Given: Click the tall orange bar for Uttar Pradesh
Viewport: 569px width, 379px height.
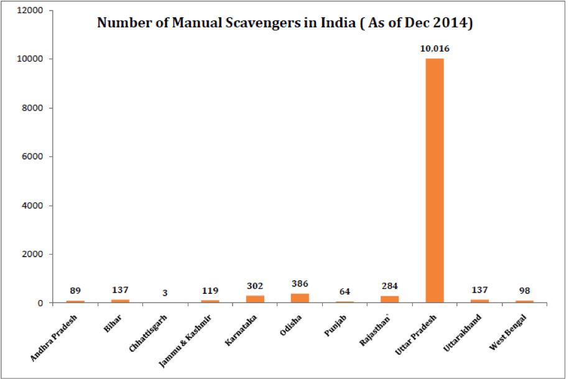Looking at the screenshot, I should click(435, 180).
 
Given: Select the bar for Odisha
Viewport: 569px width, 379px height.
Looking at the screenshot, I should click(300, 298).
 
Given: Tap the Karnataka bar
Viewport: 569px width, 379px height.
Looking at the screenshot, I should click(255, 299).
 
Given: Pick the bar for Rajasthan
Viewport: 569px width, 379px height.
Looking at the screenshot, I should click(389, 299).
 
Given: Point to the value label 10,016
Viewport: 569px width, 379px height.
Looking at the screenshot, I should click(435, 48).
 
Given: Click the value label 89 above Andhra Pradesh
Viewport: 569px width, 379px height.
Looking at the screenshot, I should click(75, 290).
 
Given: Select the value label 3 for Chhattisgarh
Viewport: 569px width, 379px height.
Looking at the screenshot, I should click(165, 292).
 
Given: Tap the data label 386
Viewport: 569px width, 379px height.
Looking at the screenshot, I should click(300, 283).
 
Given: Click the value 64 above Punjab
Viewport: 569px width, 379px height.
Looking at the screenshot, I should click(345, 291).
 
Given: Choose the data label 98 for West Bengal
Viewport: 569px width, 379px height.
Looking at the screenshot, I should click(524, 291).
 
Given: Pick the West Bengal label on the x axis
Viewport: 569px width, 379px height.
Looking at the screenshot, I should click(507, 334).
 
